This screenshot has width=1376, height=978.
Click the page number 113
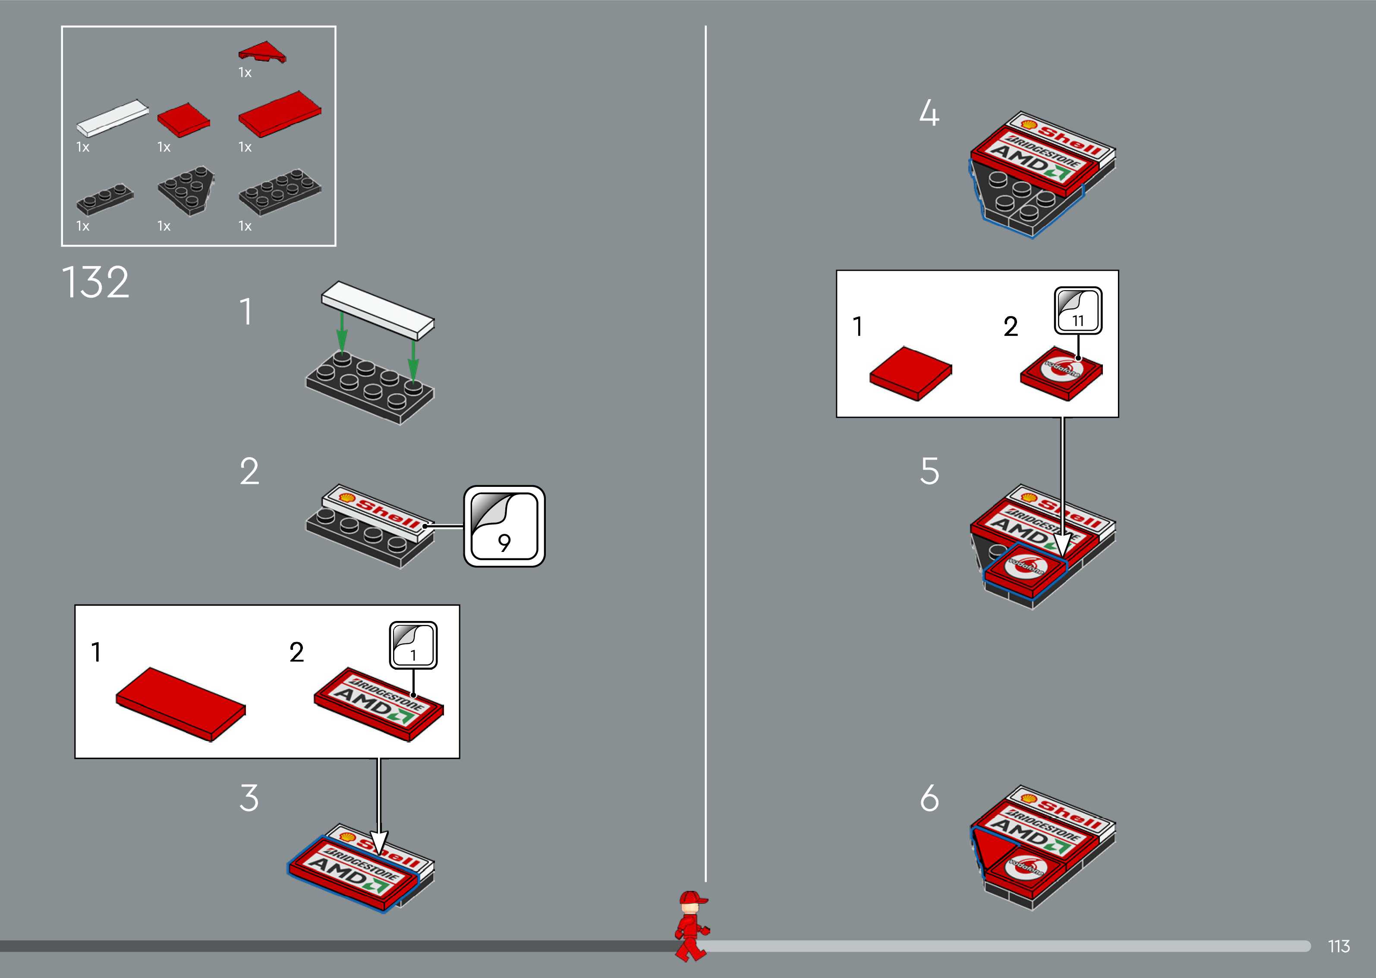[x=1338, y=946]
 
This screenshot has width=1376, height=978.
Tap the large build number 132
[x=95, y=282]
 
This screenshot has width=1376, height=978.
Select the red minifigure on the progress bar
[x=692, y=925]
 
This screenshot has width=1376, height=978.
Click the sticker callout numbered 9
[x=504, y=527]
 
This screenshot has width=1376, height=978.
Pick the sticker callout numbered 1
[x=413, y=645]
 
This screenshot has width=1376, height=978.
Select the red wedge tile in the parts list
[x=262, y=53]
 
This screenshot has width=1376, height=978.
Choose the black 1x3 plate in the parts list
[x=105, y=199]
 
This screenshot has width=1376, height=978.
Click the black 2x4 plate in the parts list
[x=280, y=191]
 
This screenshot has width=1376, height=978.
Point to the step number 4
[x=929, y=113]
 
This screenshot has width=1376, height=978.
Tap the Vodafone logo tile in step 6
[x=1026, y=868]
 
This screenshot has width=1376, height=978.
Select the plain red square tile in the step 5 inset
[x=910, y=372]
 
